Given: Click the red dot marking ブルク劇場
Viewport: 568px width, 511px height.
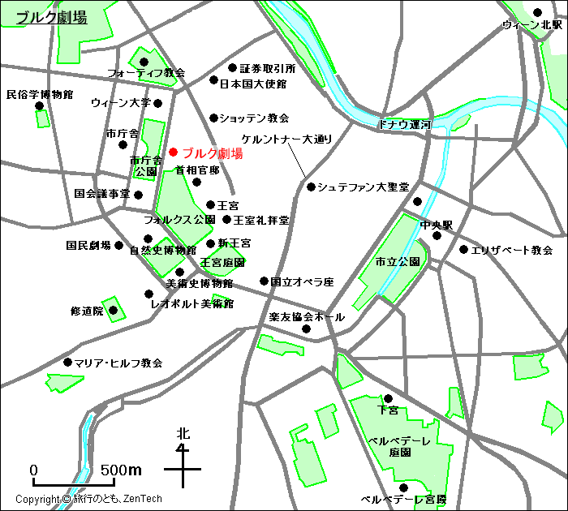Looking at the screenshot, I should pos(173,152).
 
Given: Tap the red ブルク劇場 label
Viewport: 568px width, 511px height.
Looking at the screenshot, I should pos(212,152).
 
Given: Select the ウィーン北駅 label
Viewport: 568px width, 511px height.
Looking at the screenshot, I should pos(532,25).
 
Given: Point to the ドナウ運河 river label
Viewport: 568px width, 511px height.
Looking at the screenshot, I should pos(404,125).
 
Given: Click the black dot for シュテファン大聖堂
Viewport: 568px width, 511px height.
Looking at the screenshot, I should pos(311,187).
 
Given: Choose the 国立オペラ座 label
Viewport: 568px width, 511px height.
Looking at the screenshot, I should pos(302,282).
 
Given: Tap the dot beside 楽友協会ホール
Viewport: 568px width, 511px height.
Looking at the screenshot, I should pos(307,328).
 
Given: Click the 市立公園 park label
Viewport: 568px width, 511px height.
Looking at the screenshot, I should pos(397,262).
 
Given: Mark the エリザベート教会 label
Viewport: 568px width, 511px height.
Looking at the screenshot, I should pos(511,251).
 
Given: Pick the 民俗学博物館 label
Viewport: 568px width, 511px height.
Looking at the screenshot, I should pos(39,94).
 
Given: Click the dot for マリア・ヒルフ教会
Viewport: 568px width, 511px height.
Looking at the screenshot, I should pos(67,363).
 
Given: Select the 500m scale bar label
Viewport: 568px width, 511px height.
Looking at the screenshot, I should pos(122,470).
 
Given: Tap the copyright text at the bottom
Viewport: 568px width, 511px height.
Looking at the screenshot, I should pos(89,499).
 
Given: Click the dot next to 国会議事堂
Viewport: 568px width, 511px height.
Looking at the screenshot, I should pos(139,195).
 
